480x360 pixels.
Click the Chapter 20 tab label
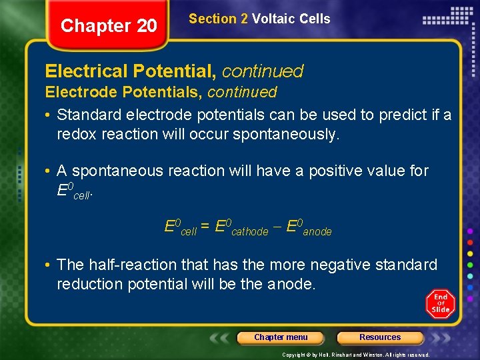click(109, 26)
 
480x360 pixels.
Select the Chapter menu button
click(281, 337)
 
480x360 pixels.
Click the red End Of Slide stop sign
click(440, 303)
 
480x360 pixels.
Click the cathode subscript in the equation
click(249, 232)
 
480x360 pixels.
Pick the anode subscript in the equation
click(317, 232)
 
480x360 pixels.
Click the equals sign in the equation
click(207, 227)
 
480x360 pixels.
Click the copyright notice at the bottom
click(356, 355)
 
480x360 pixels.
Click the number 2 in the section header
click(245, 19)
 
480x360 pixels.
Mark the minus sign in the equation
click(277, 227)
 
